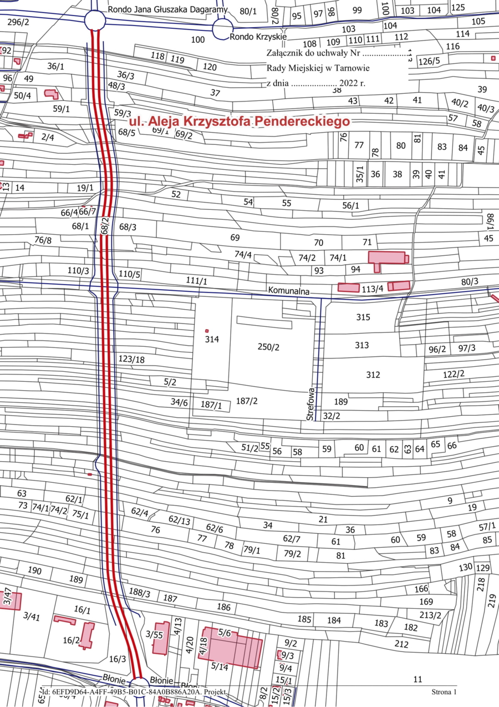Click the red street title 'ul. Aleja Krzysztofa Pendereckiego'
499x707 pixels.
pos(239,122)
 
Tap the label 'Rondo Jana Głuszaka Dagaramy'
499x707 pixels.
pos(168,9)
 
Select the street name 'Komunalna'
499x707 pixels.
pos(288,290)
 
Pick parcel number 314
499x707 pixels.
pos(212,340)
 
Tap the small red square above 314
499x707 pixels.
pos(207,331)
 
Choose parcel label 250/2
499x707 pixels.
pos(268,347)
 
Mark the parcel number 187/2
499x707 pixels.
pos(247,401)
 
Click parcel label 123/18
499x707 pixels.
pos(131,360)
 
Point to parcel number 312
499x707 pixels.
pos(373,375)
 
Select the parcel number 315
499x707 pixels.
pos(363,317)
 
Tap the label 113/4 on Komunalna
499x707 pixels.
pos(372,289)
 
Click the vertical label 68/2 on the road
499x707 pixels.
pos(104,226)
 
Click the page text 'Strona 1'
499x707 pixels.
pos(444,691)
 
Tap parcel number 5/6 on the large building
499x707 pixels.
pos(225,632)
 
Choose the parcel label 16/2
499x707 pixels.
pos(71,640)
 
